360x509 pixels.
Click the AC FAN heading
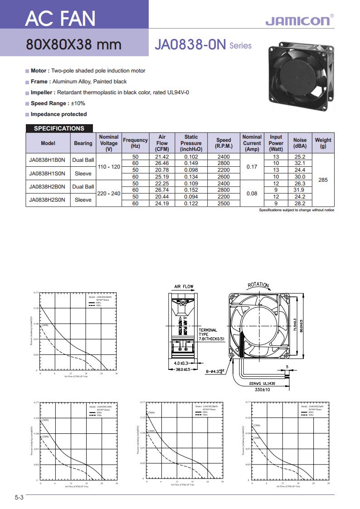[60, 18]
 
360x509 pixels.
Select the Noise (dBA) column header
[300, 143]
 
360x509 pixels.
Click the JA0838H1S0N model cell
[48, 173]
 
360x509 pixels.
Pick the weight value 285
[323, 180]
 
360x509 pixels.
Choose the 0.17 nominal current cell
[252, 167]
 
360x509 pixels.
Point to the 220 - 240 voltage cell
[109, 193]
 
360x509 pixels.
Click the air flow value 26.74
[162, 190]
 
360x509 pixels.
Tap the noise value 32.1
[300, 163]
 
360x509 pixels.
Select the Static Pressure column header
[191, 143]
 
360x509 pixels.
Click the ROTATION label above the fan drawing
[258, 285]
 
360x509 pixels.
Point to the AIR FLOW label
[184, 287]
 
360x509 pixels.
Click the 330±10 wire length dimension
[262, 389]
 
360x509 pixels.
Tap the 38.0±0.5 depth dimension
[186, 370]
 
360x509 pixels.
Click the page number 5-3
[19, 497]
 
